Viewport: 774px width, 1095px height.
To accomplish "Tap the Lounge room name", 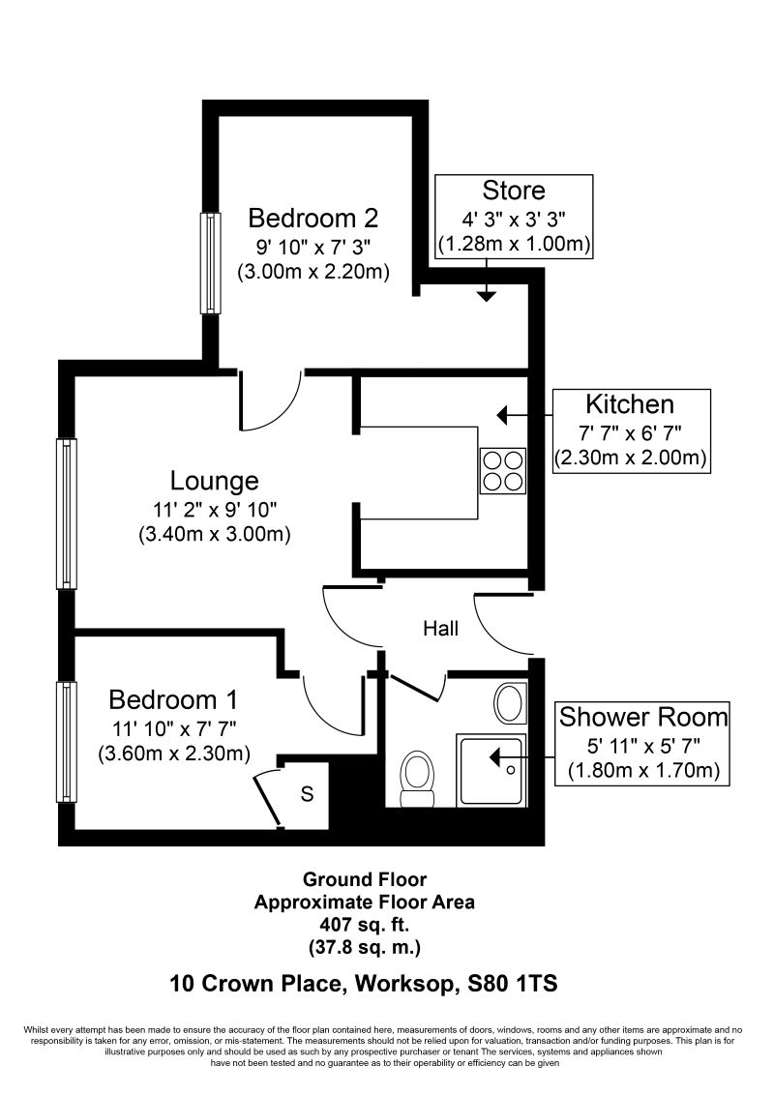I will [x=215, y=480].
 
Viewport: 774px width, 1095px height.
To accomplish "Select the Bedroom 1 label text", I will [x=172, y=699].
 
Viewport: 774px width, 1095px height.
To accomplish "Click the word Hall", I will [x=440, y=629].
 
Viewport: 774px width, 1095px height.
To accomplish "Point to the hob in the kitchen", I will [x=502, y=471].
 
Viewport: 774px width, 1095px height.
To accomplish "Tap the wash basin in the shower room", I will [x=509, y=701].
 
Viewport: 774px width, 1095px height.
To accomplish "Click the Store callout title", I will [x=514, y=191].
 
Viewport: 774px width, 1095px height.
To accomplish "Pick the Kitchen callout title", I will [x=630, y=403].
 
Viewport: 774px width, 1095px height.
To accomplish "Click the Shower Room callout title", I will [x=642, y=717].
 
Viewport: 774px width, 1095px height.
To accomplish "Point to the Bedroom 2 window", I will [x=209, y=262].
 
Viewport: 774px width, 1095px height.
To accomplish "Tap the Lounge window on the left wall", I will [x=66, y=513].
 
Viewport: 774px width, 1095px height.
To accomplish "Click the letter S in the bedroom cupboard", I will [x=307, y=795].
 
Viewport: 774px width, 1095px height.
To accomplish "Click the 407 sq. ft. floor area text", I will [x=364, y=924].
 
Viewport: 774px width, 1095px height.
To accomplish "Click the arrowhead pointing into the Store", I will [x=487, y=295].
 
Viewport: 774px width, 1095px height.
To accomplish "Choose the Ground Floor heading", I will [x=364, y=879].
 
